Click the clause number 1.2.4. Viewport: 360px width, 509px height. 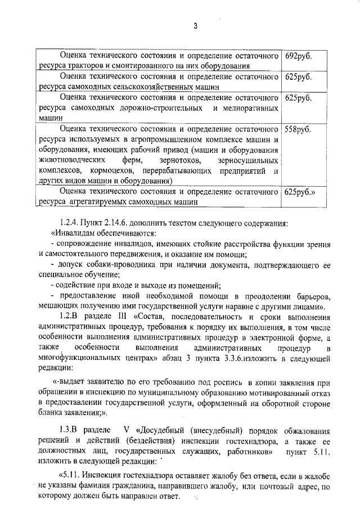coord(71,223)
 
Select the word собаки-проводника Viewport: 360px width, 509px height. coord(120,265)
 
